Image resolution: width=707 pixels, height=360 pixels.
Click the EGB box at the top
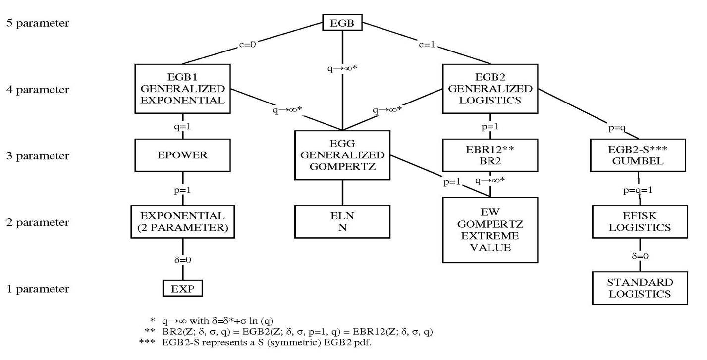click(342, 22)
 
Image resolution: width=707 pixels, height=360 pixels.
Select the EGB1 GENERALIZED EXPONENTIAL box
click(183, 89)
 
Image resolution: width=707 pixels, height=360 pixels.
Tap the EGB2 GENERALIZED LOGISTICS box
click(490, 89)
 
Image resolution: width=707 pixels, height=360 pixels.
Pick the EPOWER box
click(183, 155)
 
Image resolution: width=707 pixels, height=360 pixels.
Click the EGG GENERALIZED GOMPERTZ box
click(342, 155)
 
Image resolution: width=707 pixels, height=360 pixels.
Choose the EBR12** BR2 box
click(490, 155)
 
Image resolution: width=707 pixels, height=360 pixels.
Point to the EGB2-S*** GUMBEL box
click(639, 155)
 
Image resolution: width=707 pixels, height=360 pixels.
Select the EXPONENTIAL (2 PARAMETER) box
click(183, 222)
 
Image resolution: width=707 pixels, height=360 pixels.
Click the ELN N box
click(342, 222)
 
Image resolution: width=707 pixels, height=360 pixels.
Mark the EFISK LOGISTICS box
click(639, 222)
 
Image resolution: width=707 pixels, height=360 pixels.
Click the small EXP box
click(183, 288)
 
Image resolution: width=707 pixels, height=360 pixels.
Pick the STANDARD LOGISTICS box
click(639, 288)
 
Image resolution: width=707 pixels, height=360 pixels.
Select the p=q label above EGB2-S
click(616, 128)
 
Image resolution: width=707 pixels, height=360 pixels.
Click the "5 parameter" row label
click(38, 23)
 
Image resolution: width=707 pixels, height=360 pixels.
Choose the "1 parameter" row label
click(38, 289)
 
